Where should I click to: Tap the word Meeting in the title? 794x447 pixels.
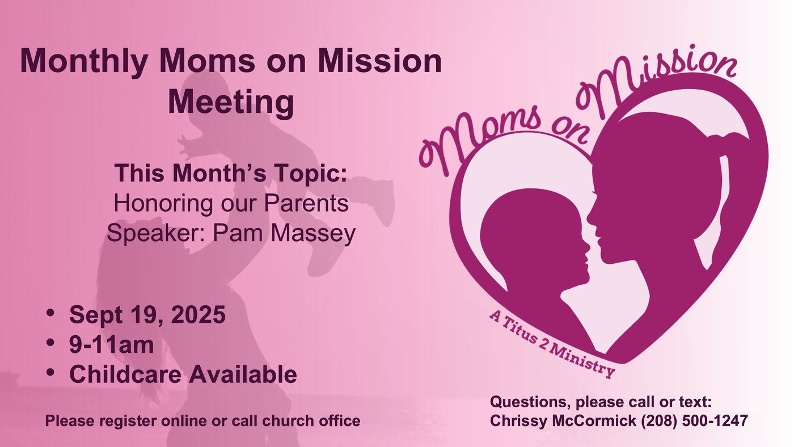(x=231, y=102)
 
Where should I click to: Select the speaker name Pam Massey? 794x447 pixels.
(x=284, y=234)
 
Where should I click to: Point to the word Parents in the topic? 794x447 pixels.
(x=306, y=203)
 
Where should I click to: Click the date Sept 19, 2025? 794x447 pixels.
(x=147, y=314)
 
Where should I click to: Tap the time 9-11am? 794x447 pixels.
(x=112, y=344)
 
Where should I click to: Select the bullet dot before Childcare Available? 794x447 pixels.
(x=50, y=373)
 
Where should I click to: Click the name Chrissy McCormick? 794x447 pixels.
(x=563, y=421)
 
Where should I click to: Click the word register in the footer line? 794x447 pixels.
(x=132, y=421)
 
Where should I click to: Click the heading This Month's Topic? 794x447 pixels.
(x=231, y=173)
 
